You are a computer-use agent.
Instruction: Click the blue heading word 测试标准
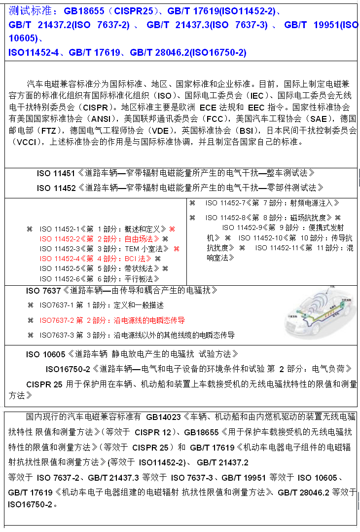pos(29,10)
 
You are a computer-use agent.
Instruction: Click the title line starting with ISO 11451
pos(175,173)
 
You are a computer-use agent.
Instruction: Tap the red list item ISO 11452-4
pos(97,259)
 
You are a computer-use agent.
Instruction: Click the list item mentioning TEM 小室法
pos(106,249)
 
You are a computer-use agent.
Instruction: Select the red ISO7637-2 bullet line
pos(112,320)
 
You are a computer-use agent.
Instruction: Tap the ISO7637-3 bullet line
pos(137,335)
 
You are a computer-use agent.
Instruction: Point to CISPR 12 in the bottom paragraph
pos(153,433)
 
